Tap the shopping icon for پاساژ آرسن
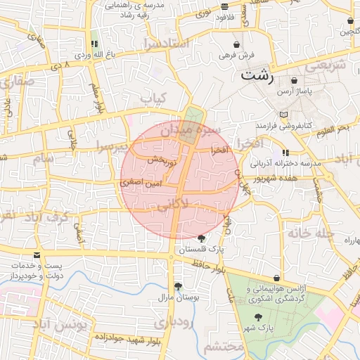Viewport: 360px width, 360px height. pyautogui.click(x=312, y=82)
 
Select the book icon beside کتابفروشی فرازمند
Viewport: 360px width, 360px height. pyautogui.click(x=283, y=115)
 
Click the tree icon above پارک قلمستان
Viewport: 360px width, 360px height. pyautogui.click(x=202, y=238)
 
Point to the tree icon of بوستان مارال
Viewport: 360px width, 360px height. pyautogui.click(x=178, y=286)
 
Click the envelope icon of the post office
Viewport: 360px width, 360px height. pyautogui.click(x=37, y=255)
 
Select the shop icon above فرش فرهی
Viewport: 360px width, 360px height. pyautogui.click(x=229, y=44)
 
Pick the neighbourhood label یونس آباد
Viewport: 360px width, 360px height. pyautogui.click(x=61, y=326)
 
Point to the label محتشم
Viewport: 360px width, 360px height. pyautogui.click(x=224, y=347)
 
